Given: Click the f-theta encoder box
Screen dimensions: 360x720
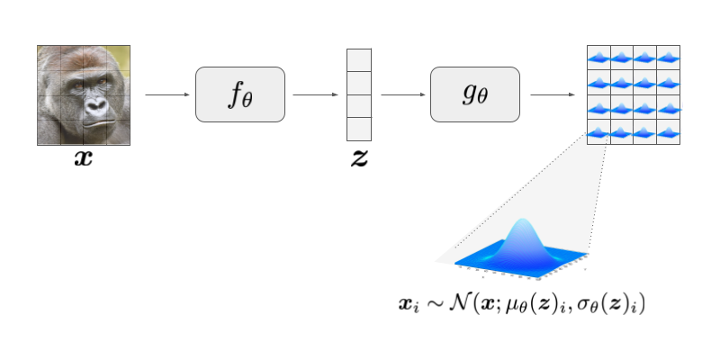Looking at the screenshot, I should (240, 94).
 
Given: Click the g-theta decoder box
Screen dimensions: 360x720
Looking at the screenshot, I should (474, 94).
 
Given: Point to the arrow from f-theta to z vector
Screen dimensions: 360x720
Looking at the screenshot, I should (314, 94).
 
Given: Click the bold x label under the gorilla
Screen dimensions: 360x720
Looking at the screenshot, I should (85, 161).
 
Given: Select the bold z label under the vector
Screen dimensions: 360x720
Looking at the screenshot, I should (359, 160).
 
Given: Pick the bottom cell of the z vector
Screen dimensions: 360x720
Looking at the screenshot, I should (359, 129).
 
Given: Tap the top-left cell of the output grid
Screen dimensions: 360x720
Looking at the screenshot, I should (598, 58).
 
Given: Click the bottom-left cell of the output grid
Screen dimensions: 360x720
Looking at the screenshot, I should (598, 131).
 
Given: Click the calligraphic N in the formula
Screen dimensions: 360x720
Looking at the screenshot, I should (462, 304).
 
